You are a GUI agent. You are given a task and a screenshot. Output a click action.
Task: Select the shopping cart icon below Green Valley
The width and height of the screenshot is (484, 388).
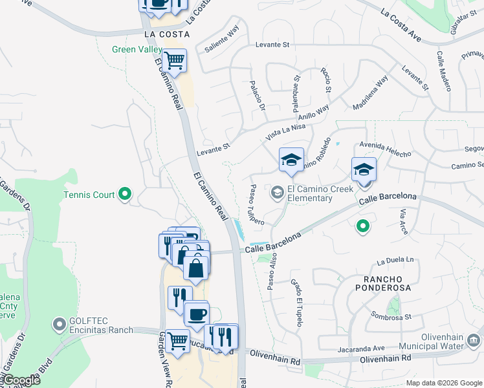pyautogui.click(x=174, y=61)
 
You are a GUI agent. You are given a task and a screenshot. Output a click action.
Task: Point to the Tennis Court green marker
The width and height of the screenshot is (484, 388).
pyautogui.click(x=126, y=194)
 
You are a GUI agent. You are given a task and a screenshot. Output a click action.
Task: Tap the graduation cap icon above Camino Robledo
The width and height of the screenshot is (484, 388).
pyautogui.click(x=291, y=160)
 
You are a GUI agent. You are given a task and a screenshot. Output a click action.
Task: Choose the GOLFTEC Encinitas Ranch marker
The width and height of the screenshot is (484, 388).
pyautogui.click(x=60, y=322)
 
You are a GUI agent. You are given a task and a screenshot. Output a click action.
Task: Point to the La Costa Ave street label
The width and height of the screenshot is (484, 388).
pyautogui.click(x=401, y=25)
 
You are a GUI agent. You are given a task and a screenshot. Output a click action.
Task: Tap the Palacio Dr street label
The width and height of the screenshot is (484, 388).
pyautogui.click(x=258, y=96)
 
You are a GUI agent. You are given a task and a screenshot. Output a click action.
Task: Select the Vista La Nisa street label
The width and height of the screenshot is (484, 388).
pyautogui.click(x=285, y=132)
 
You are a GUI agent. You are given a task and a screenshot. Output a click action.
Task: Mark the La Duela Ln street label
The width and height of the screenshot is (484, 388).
pyautogui.click(x=395, y=261)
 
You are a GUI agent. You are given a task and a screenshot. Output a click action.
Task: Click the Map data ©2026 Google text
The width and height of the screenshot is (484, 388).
pyautogui.click(x=444, y=383)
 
